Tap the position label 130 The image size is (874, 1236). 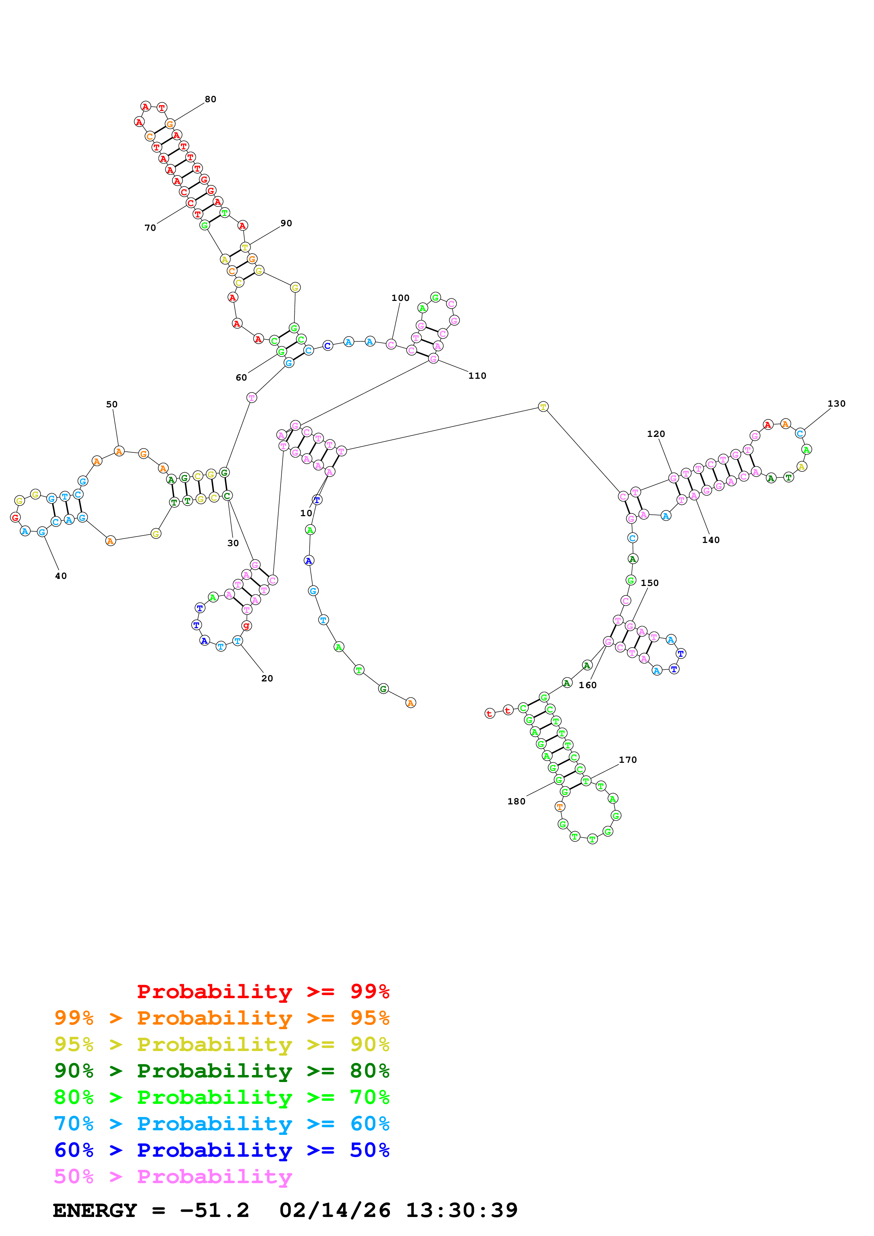click(836, 404)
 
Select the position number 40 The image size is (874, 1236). click(61, 576)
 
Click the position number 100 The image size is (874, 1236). click(400, 298)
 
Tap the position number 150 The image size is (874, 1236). click(649, 583)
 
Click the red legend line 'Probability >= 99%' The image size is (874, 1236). click(263, 991)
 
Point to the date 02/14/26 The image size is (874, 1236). click(335, 1211)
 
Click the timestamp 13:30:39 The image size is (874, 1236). click(462, 1211)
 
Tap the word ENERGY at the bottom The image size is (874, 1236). click(95, 1211)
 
